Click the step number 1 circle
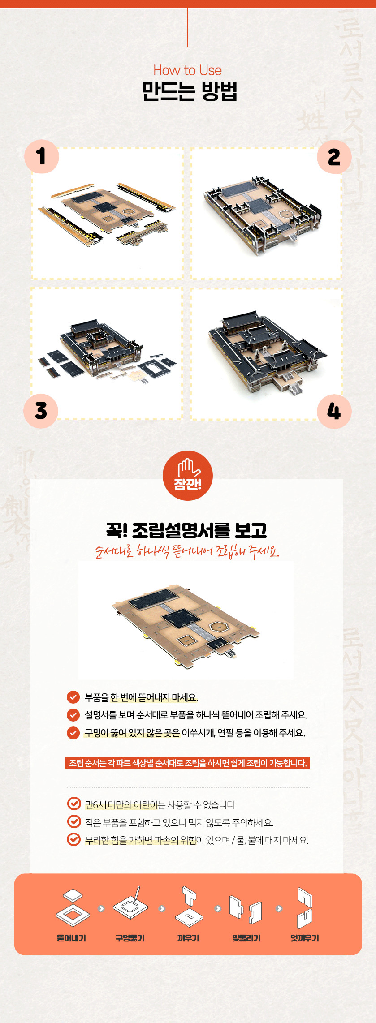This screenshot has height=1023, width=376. [42, 156]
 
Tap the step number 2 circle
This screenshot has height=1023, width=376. [334, 157]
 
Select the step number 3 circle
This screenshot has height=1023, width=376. [41, 411]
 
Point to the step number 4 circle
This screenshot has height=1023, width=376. [334, 411]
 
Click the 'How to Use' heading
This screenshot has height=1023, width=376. [187, 70]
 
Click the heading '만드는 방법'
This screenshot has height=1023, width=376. [189, 91]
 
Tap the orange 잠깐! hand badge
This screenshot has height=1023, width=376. [188, 475]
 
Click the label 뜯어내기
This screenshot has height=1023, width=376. [72, 938]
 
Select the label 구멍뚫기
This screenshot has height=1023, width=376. [130, 938]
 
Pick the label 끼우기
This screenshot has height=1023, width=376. [188, 938]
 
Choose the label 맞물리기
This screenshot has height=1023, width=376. [246, 938]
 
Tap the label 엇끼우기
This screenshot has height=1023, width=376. [305, 938]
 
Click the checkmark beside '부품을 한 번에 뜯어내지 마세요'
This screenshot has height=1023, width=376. [73, 697]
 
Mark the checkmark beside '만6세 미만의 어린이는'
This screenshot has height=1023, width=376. [73, 804]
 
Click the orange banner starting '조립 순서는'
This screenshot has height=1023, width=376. [187, 763]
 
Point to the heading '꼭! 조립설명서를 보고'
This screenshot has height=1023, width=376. [187, 530]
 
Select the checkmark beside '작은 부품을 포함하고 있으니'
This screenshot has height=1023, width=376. [73, 821]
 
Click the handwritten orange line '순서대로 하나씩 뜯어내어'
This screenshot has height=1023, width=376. [187, 551]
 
